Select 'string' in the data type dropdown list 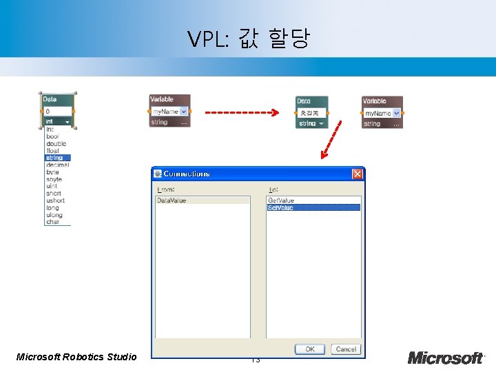(x=54, y=158)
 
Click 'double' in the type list (x=56, y=143)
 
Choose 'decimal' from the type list (x=57, y=165)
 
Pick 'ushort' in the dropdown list (x=55, y=200)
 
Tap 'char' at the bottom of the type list (x=52, y=222)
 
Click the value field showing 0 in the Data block (x=58, y=111)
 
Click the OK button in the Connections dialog (x=310, y=349)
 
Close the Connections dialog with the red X (x=357, y=174)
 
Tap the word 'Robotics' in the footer (x=84, y=357)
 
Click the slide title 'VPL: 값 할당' (x=248, y=39)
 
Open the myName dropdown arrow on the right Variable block (x=397, y=113)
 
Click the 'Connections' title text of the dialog (x=187, y=174)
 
